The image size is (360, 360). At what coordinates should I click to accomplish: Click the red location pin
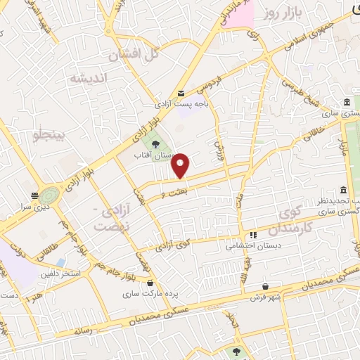coord(181,165)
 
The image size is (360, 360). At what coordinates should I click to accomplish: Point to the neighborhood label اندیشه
coord(86,78)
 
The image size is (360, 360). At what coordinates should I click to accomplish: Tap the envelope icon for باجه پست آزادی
coord(181,94)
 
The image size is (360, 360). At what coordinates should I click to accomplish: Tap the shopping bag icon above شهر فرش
coord(265,286)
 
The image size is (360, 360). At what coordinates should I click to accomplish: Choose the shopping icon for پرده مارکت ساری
coord(150,283)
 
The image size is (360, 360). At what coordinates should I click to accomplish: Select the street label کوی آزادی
coord(173,246)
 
